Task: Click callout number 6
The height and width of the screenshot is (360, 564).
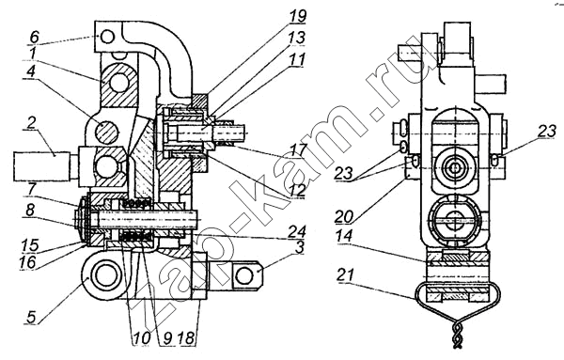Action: [x=34, y=37]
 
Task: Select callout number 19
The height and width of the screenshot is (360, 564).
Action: [x=298, y=16]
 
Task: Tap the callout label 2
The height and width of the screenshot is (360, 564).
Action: [x=32, y=124]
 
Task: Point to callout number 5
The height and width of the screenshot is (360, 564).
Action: [x=31, y=318]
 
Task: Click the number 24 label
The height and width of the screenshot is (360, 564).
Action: [x=298, y=230]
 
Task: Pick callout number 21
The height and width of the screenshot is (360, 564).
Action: [x=345, y=276]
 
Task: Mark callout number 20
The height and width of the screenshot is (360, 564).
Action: [x=343, y=217]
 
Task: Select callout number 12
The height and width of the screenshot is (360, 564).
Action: [x=298, y=190]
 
